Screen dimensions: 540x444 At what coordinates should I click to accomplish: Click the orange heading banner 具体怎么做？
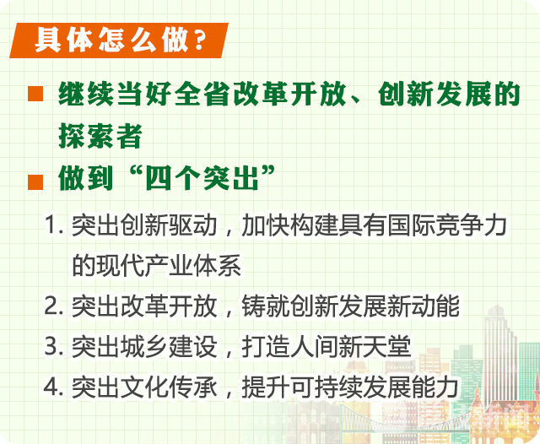tap(119, 41)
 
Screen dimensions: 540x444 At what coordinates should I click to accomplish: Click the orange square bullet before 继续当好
tap(35, 94)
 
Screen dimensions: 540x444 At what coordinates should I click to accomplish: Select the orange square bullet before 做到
tap(35, 182)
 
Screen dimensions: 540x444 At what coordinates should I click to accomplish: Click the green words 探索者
tap(100, 136)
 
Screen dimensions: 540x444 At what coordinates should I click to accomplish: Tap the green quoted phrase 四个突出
tap(202, 178)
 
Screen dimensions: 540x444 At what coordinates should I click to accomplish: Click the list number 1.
tap(54, 225)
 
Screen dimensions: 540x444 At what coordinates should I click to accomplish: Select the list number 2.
tap(54, 306)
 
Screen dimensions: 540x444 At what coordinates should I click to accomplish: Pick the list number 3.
tap(54, 346)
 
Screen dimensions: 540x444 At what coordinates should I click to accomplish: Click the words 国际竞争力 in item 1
tap(447, 225)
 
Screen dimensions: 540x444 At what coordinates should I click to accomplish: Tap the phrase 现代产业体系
tap(156, 266)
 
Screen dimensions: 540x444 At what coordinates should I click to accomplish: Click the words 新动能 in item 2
tap(424, 306)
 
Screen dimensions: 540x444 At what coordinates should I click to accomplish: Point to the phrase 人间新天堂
tap(351, 346)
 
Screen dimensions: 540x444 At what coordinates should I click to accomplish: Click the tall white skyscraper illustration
tap(499, 355)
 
